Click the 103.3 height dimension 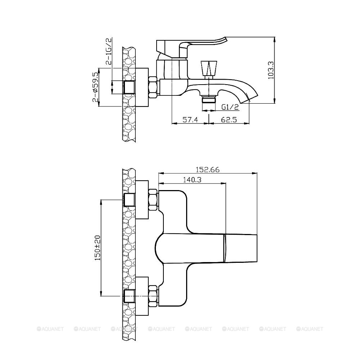271,70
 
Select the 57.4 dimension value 190,120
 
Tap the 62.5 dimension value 229,120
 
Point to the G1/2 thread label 230,107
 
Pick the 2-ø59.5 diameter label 95,87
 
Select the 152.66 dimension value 208,170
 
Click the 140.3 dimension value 192,179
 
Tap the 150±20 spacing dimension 98,248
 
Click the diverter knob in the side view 209,68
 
